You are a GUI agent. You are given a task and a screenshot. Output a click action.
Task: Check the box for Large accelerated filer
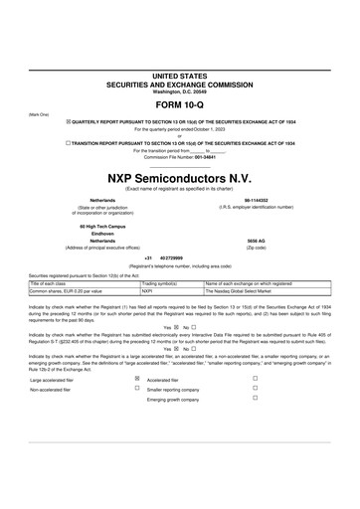click(137, 379)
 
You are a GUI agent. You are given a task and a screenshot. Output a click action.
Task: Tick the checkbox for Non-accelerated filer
click(137, 389)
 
